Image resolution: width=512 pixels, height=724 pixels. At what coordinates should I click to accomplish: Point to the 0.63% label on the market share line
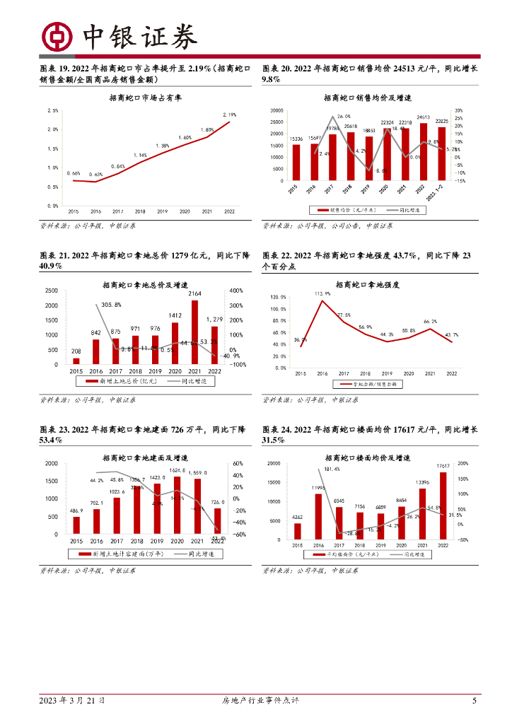(x=95, y=174)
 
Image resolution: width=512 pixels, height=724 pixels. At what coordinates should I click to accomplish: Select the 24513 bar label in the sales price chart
(x=424, y=117)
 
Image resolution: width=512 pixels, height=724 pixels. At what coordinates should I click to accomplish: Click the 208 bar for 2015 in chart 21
(x=76, y=361)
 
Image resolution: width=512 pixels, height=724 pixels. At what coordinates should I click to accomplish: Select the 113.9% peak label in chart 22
(x=323, y=293)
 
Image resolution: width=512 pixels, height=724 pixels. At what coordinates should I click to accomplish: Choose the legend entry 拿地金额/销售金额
(x=373, y=384)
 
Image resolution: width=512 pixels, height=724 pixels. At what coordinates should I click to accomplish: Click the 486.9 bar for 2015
(x=76, y=525)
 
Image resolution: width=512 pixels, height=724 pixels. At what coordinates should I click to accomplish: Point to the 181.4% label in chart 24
(x=332, y=469)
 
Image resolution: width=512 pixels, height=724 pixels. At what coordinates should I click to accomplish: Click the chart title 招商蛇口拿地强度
(x=368, y=284)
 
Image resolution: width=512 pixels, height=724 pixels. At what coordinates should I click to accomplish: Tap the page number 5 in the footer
(x=474, y=701)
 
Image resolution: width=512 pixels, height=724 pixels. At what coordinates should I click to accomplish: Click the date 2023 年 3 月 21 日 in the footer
(x=72, y=701)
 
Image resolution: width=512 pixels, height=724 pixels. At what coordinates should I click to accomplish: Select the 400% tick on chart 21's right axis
(x=236, y=291)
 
